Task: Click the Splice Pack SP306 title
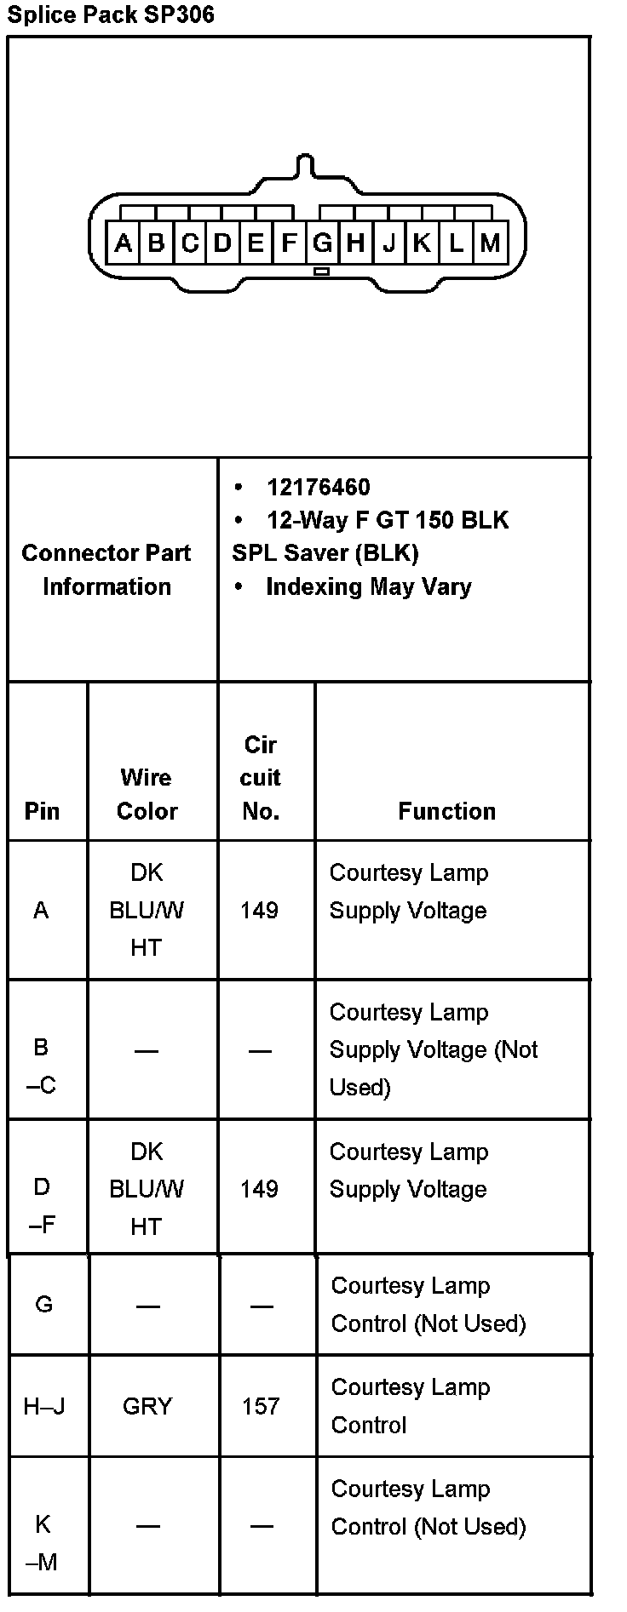pos(111,14)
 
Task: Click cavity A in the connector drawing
pos(123,243)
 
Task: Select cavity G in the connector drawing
pos(322,243)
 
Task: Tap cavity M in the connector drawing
pos(489,243)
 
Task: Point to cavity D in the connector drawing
pos(222,243)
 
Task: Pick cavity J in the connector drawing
pos(389,243)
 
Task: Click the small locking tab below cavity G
pos(321,272)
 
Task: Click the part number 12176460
pos(318,488)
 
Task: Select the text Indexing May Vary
pos(368,586)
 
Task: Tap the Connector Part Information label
pos(106,569)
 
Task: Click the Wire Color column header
pos(147,794)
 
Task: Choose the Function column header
pos(446,811)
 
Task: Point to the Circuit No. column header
pos(261,778)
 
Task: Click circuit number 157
pos(260,1406)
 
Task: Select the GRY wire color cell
pos(147,1406)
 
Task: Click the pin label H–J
pos(44,1406)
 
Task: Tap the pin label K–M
pos(43,1542)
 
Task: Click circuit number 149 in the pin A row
pos(259,911)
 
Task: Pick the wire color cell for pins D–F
pos(147,1189)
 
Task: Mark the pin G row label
pos(44,1304)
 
